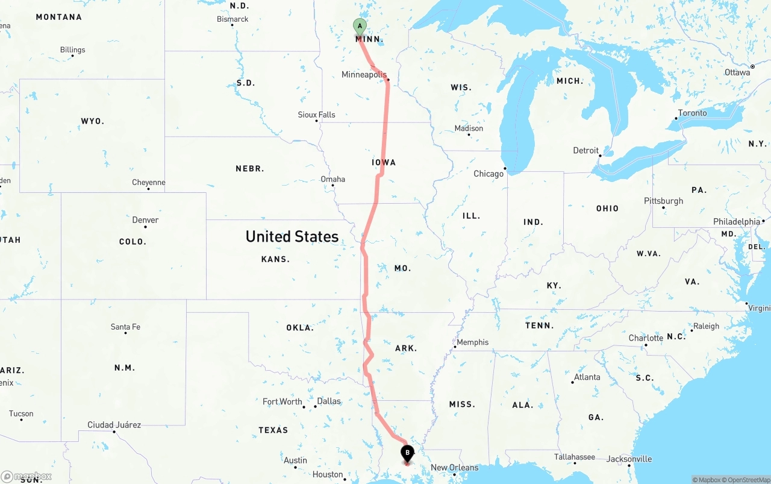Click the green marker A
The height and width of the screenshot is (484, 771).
(360, 27)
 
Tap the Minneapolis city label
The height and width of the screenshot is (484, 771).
(364, 75)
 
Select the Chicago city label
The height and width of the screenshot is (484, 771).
(489, 174)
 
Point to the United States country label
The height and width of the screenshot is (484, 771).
(292, 236)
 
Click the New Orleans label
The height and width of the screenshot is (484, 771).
(454, 467)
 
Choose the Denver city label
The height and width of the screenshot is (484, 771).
(145, 220)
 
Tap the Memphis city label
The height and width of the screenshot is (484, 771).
(473, 342)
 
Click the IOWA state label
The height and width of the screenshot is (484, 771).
(384, 162)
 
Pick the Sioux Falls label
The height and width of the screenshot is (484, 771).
(316, 115)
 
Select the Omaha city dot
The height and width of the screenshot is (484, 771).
(333, 186)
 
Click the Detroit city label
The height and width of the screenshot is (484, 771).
(585, 150)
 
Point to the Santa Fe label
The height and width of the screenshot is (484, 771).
(125, 327)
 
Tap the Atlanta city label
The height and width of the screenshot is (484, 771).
(587, 377)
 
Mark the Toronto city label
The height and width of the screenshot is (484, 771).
(692, 113)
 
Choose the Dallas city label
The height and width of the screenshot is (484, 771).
(328, 401)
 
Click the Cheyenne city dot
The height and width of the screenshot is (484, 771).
(148, 189)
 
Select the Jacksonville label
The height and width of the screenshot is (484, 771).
(629, 459)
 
